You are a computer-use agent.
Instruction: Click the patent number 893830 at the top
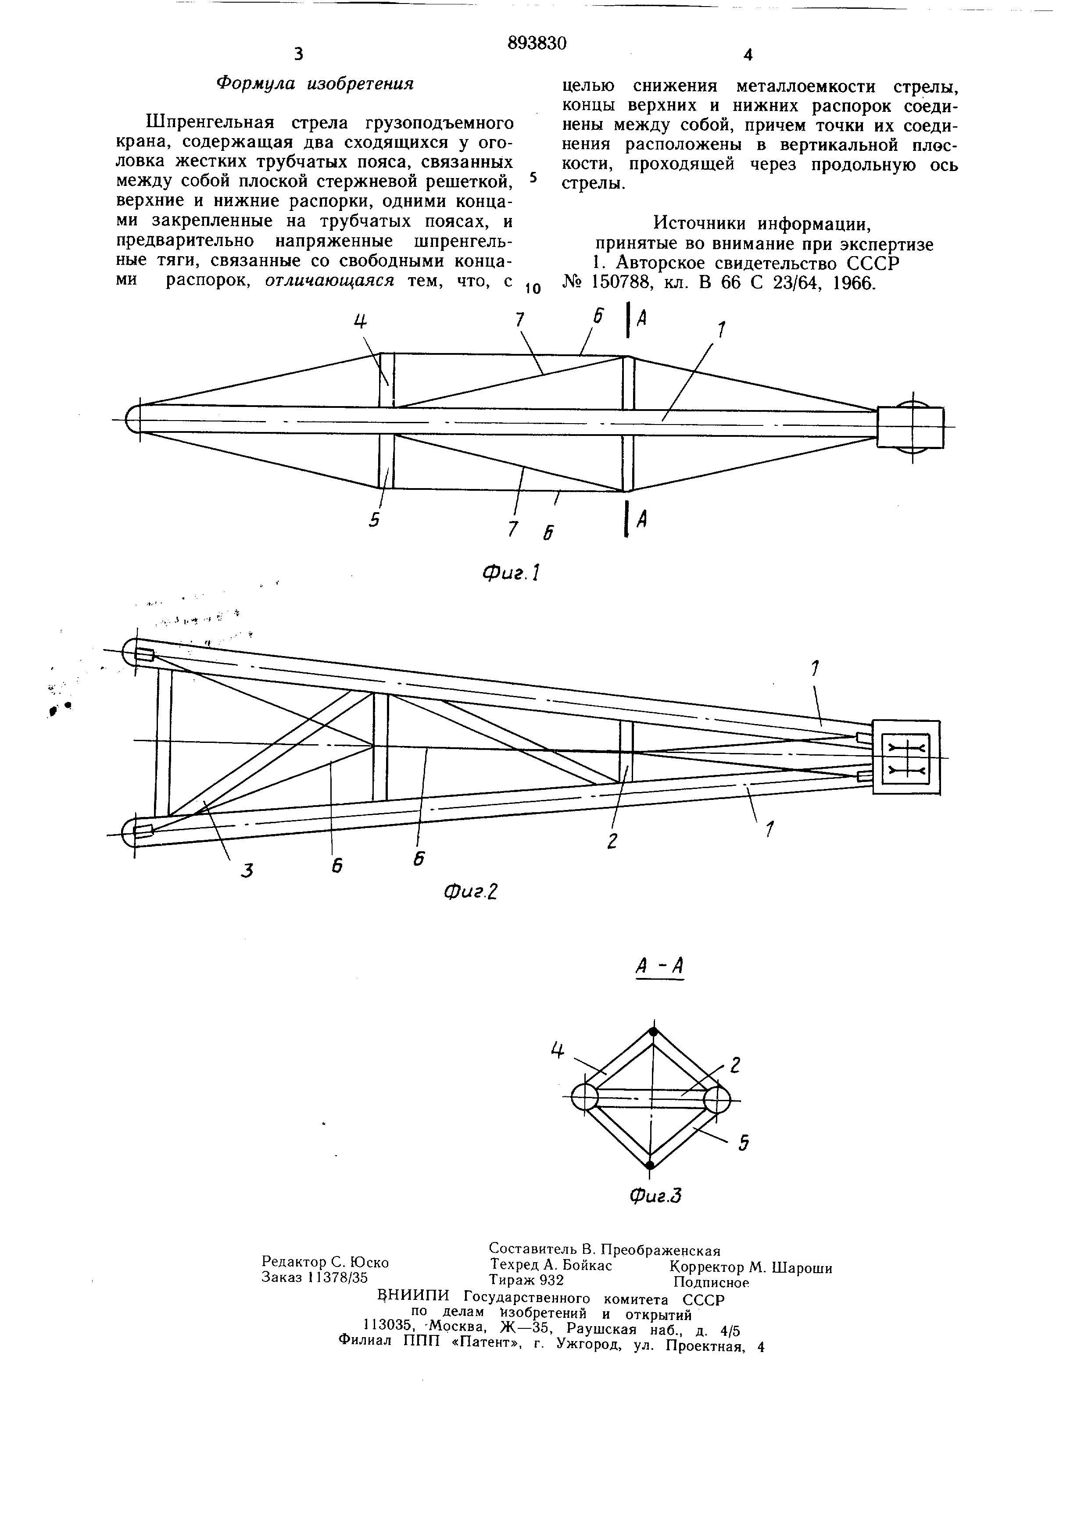click(x=537, y=43)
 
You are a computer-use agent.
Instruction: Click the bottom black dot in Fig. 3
click(x=649, y=1165)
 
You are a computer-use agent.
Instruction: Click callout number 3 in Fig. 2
click(x=247, y=870)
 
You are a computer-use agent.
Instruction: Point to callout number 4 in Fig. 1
click(x=361, y=322)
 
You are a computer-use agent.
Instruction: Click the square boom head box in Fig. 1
click(x=910, y=428)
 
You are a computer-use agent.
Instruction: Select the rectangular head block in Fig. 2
click(x=906, y=757)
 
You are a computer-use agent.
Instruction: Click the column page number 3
click(x=298, y=54)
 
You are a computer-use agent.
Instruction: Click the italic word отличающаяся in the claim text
click(x=329, y=281)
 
